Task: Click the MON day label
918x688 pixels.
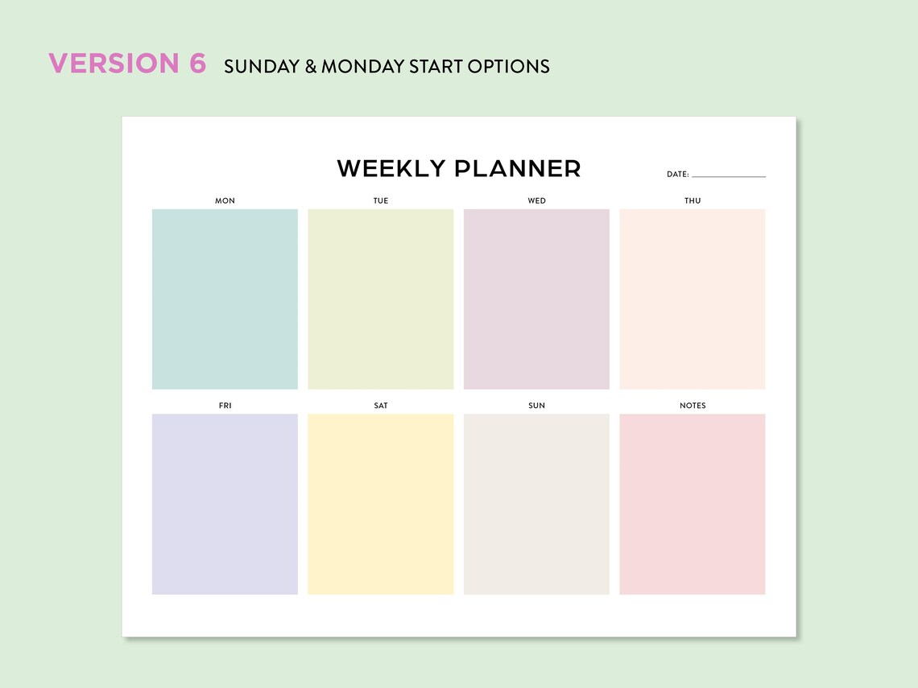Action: (225, 200)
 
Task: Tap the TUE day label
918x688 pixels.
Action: (381, 200)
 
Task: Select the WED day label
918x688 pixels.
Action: (536, 200)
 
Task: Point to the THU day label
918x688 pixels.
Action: (693, 200)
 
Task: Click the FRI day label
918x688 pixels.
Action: (225, 406)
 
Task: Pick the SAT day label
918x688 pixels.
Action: (381, 406)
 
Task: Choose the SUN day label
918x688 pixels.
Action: (536, 406)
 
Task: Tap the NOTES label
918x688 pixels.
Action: (693, 406)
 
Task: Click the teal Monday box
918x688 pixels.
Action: (225, 299)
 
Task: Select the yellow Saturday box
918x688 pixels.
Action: (381, 505)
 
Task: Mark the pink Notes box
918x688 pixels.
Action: (693, 505)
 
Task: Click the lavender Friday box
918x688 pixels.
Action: (225, 505)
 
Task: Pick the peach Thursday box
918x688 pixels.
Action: (693, 299)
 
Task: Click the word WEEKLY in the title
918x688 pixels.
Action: (391, 169)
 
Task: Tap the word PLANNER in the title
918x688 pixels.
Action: (518, 169)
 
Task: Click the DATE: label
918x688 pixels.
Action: (677, 175)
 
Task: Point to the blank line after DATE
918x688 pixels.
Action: (729, 176)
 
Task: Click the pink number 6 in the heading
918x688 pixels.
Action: (198, 64)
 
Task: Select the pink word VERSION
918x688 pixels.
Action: (114, 64)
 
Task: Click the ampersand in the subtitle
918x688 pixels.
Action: (311, 66)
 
